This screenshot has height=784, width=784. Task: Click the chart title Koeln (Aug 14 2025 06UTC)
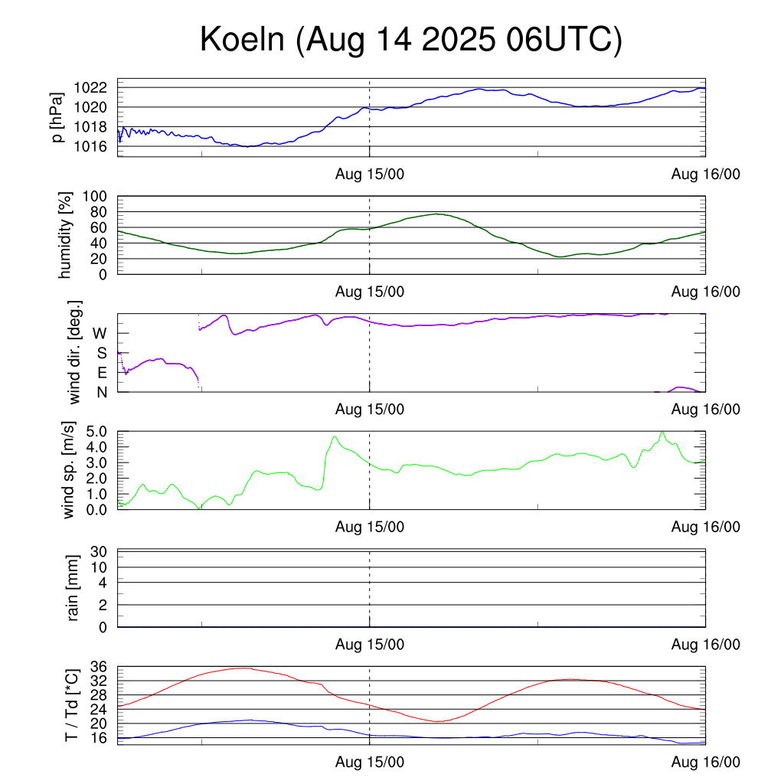[x=411, y=40]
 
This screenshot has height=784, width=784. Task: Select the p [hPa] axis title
[x=57, y=117]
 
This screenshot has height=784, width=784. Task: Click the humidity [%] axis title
[x=65, y=235]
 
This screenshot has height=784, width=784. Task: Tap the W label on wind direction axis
[x=100, y=333]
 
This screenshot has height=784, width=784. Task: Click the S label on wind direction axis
[x=101, y=353]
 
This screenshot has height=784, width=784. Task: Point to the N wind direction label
[x=101, y=392]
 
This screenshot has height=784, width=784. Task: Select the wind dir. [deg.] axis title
[x=74, y=352]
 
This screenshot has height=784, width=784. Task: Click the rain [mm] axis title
[x=74, y=588]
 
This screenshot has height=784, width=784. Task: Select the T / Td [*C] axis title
[x=71, y=704]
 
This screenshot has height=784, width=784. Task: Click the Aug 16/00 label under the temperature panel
[x=705, y=763]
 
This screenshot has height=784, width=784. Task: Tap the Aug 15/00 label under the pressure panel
[x=370, y=175]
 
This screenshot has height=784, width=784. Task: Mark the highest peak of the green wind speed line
[x=662, y=432]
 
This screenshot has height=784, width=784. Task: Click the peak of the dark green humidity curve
[x=437, y=214]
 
